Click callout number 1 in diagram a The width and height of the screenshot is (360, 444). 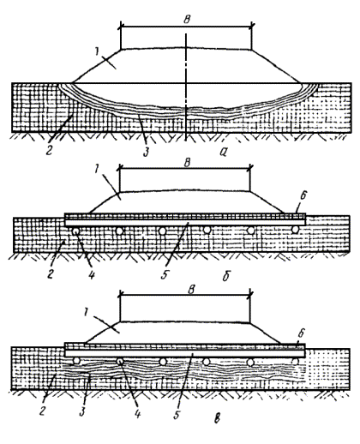97,51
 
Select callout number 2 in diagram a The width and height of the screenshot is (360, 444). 49,150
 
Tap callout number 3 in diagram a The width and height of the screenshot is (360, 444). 147,152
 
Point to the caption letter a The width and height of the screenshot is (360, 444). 223,152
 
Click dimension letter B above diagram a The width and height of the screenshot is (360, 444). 187,20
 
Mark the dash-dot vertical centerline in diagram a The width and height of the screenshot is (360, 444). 186,87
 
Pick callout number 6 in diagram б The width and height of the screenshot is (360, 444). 303,196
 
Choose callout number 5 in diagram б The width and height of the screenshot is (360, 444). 165,274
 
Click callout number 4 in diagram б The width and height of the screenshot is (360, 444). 92,274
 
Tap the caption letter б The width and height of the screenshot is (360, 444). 226,276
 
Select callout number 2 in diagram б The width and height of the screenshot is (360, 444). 51,274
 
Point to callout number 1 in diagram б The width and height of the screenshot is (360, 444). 97,169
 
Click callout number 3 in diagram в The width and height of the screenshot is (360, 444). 82,411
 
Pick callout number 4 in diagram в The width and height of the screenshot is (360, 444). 137,413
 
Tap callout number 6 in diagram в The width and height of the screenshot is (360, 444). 302,333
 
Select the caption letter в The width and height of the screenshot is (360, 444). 217,418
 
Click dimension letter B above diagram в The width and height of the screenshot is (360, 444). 191,290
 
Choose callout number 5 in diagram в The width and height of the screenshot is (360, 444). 177,414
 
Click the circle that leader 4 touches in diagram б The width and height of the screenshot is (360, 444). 75,231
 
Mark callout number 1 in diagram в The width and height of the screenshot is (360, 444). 86,313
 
